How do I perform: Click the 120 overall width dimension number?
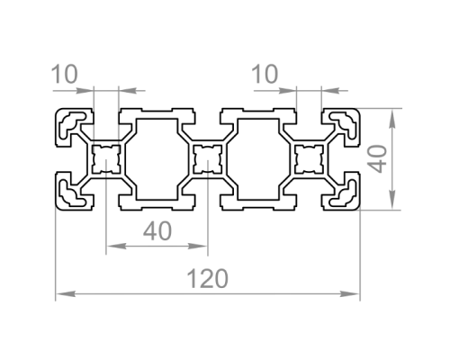207,279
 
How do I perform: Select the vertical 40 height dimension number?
378,158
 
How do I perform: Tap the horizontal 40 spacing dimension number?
157,231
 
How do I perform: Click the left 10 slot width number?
65,74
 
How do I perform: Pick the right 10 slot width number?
265,74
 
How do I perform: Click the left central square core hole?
106,159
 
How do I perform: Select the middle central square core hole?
208,159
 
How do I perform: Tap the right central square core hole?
310,159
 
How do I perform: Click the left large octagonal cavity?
157,159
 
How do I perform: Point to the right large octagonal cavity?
258,159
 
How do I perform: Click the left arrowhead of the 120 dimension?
66,293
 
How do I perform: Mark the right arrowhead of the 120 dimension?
350,293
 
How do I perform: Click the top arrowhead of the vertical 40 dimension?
391,119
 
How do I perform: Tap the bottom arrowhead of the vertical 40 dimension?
391,199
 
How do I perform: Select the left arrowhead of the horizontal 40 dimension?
116,247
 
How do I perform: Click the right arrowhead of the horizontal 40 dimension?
197,247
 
